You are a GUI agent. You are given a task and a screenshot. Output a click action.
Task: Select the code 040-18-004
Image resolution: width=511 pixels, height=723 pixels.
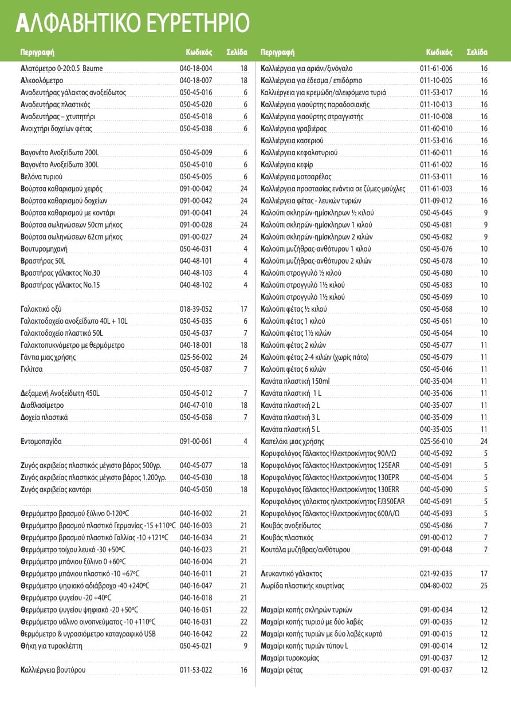(196, 69)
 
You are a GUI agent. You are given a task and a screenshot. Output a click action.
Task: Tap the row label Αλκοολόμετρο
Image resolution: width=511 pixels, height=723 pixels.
(42, 81)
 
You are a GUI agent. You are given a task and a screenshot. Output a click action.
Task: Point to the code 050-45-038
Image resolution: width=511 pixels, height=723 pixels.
(196, 129)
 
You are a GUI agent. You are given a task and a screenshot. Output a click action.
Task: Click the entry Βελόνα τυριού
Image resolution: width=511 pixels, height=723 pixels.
(41, 176)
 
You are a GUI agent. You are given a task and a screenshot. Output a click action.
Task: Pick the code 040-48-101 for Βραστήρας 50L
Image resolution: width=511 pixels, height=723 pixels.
(196, 261)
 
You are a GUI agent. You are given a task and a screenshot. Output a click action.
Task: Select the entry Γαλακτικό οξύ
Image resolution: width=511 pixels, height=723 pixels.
(42, 309)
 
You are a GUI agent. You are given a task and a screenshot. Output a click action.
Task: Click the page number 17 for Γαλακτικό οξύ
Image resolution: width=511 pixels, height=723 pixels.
(243, 309)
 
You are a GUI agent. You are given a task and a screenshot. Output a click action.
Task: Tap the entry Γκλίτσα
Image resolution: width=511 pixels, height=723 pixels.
(32, 369)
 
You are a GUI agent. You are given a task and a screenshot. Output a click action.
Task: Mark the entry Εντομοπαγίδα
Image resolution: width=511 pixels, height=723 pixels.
(41, 442)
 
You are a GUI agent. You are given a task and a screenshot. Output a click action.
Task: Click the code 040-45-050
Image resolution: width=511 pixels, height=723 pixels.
(196, 490)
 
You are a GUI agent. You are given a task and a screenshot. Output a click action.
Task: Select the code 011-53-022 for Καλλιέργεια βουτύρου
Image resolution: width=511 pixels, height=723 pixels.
(196, 670)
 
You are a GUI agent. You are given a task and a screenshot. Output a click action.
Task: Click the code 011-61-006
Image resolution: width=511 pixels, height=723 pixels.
(436, 69)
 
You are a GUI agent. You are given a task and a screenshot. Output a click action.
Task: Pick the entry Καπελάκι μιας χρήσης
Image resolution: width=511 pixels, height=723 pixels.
(292, 442)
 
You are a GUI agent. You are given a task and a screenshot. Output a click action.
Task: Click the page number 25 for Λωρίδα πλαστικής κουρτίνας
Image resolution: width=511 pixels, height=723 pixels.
(484, 586)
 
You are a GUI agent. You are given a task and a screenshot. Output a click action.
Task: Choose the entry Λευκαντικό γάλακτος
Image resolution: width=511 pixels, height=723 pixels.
(292, 573)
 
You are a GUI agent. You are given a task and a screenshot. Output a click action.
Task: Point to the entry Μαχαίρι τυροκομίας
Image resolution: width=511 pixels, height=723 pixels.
(290, 658)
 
